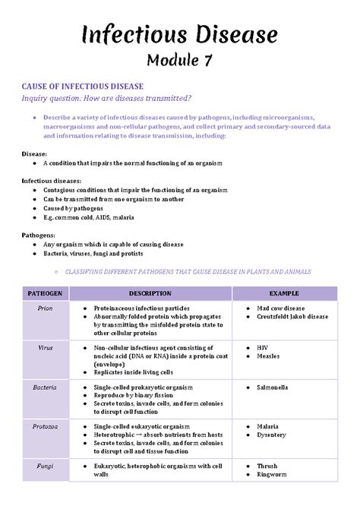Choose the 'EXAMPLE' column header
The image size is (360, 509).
[x=284, y=293]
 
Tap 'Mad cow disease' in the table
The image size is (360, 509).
[x=280, y=308]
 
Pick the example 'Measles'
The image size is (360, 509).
[x=268, y=356]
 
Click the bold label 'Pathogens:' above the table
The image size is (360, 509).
[x=38, y=236]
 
